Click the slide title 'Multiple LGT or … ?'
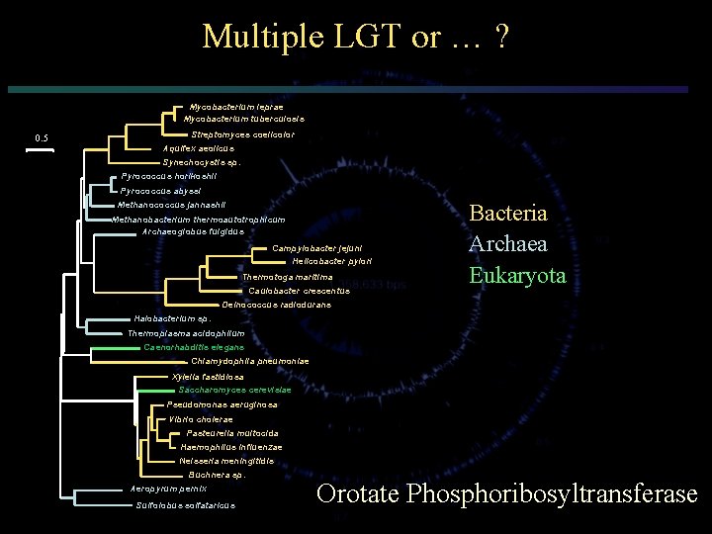(x=356, y=38)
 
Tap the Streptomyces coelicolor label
(x=242, y=134)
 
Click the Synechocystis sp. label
(x=201, y=162)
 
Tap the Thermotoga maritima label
(x=287, y=277)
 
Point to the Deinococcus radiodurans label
(x=276, y=305)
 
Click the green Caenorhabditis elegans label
(x=194, y=347)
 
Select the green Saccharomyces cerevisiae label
(x=228, y=390)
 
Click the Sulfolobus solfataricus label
(x=185, y=505)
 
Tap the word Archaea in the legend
(x=507, y=243)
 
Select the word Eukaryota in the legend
(x=517, y=275)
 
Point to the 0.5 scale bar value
(x=42, y=137)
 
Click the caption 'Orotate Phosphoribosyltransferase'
(x=506, y=493)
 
